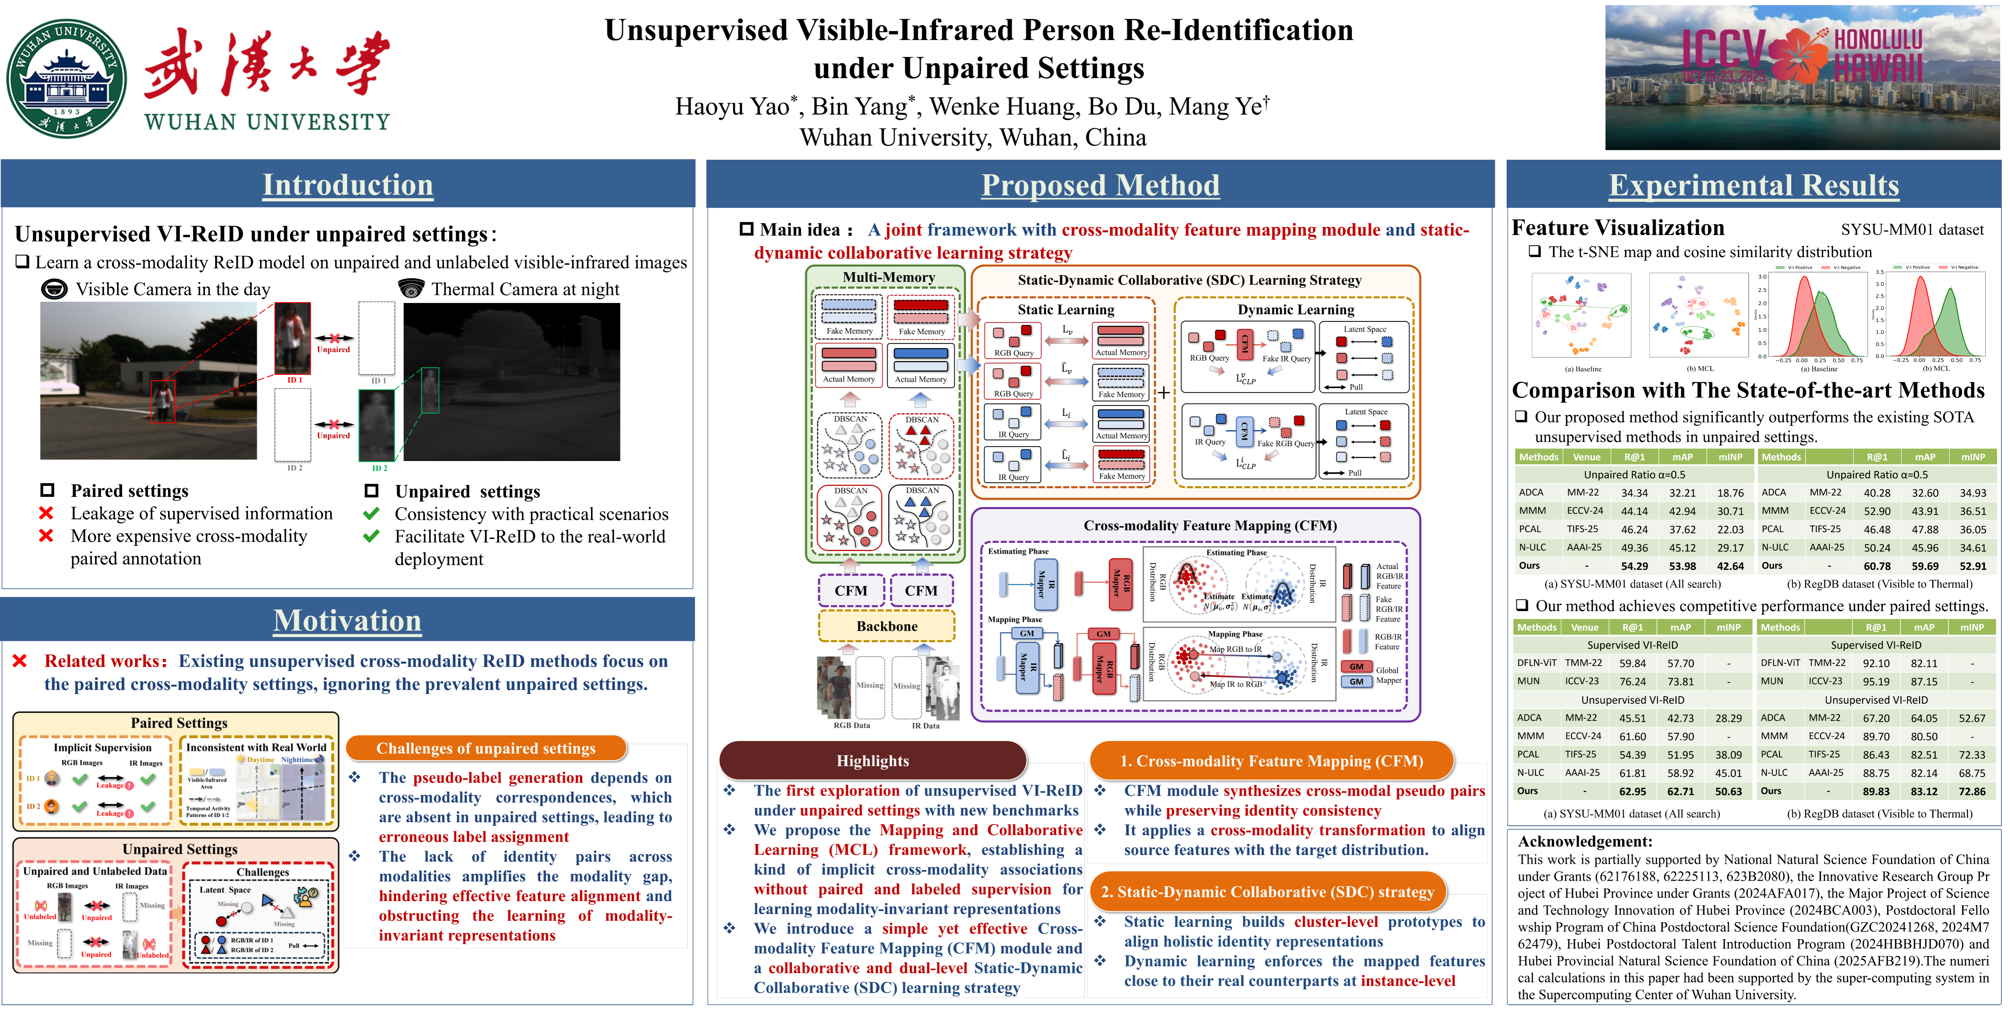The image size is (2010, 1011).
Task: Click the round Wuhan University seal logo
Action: pyautogui.click(x=66, y=78)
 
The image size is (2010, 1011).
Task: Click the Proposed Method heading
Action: pyautogui.click(x=1100, y=185)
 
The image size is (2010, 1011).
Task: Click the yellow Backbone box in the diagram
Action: pyautogui.click(x=886, y=626)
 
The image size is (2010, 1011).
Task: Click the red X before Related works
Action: pyautogui.click(x=20, y=661)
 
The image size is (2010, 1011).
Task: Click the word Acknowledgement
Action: pyautogui.click(x=1585, y=841)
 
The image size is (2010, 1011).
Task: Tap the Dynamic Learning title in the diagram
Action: pyautogui.click(x=1295, y=310)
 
